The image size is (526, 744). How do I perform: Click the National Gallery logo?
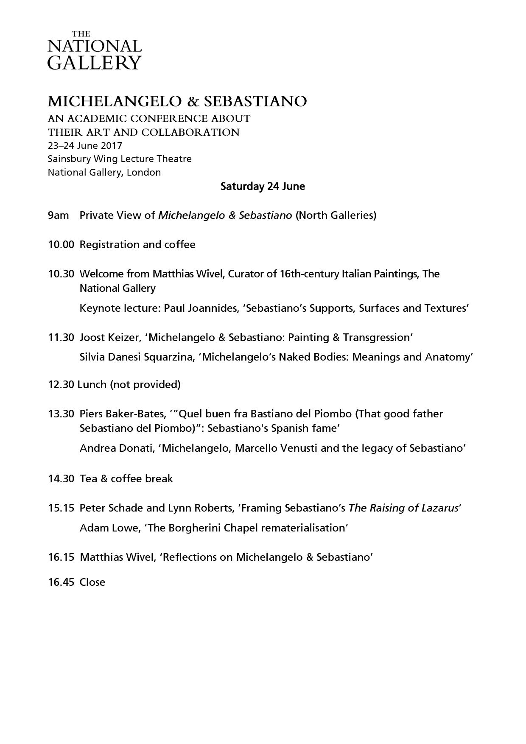tap(94, 50)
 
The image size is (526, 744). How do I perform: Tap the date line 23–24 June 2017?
tap(85, 145)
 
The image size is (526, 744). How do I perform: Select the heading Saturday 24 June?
tap(263, 186)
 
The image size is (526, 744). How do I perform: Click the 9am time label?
tap(58, 215)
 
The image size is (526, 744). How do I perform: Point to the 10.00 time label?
tap(61, 245)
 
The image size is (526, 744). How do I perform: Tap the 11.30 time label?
tap(61, 338)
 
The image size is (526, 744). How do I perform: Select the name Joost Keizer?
tap(109, 338)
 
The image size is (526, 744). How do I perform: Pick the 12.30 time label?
tap(61, 385)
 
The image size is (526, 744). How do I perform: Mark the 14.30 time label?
tap(61, 479)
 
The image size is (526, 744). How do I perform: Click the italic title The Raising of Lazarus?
tap(403, 508)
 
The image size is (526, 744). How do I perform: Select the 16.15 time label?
tap(61, 557)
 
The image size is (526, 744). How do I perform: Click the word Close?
tap(92, 582)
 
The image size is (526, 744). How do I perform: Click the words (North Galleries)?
tap(336, 215)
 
